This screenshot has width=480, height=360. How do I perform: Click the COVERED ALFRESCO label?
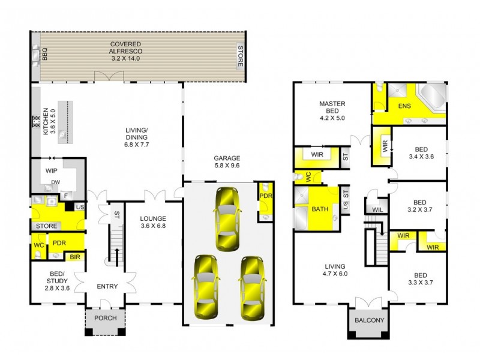(125, 48)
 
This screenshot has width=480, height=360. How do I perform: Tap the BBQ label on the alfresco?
(44, 56)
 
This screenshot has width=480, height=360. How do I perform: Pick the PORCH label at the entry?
(106, 318)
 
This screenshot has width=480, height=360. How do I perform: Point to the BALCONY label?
(368, 320)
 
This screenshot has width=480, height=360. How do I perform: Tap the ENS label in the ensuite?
(404, 107)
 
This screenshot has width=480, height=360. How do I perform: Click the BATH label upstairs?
(319, 209)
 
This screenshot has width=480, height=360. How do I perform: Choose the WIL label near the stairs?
(377, 209)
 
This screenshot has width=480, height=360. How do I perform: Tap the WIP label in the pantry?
(51, 170)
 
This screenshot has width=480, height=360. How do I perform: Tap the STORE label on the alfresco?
(240, 56)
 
